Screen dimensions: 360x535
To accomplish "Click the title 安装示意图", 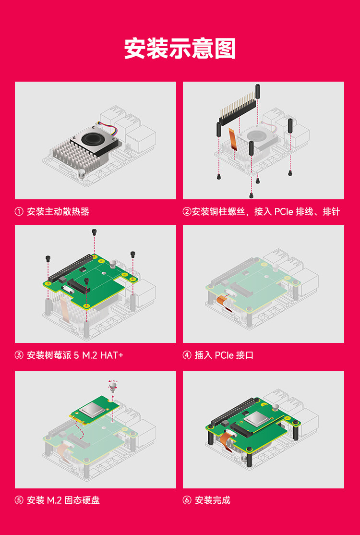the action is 180,49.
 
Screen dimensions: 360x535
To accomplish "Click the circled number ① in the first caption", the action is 19,212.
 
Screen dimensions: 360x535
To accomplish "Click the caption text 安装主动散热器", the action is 58,212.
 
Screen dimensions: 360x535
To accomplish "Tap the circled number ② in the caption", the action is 187,212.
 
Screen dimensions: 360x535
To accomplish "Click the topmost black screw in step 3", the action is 94,232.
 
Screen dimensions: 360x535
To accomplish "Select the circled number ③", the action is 19,355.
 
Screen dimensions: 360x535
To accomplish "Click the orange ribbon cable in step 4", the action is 222,302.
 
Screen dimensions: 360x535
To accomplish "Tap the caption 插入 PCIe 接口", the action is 224,355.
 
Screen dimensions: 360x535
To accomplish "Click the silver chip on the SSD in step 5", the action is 91,410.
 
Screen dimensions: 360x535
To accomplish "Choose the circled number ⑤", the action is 19,500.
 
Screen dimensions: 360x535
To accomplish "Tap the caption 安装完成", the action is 213,500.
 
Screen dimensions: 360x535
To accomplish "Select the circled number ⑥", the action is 187,500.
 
